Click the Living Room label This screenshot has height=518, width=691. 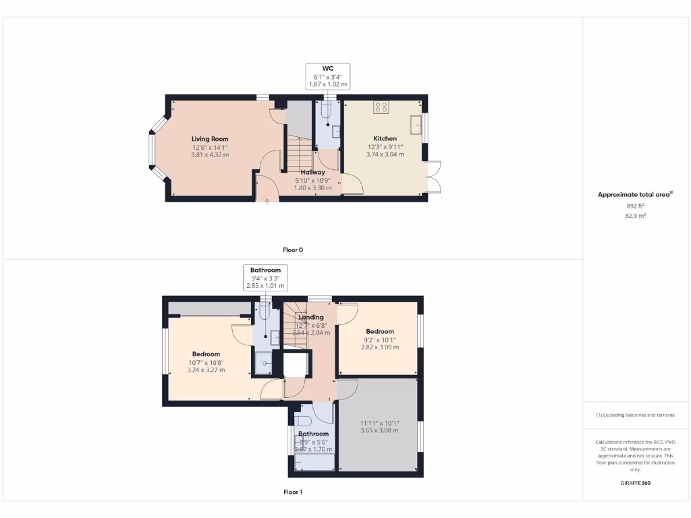pyautogui.click(x=210, y=139)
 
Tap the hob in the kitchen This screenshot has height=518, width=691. pyautogui.click(x=381, y=107)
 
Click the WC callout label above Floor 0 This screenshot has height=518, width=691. pyautogui.click(x=328, y=68)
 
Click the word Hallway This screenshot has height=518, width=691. pyautogui.click(x=312, y=172)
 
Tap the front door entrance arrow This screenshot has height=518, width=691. pyautogui.click(x=267, y=200)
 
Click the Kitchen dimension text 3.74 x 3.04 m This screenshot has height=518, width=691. pyautogui.click(x=385, y=154)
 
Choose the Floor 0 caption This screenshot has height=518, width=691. pyautogui.click(x=292, y=250)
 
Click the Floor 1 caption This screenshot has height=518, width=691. pyautogui.click(x=292, y=492)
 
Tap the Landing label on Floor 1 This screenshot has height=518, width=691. pyautogui.click(x=311, y=317)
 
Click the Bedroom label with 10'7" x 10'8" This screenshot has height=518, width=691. pyautogui.click(x=206, y=354)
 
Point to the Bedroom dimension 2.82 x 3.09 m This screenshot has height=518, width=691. pyautogui.click(x=380, y=347)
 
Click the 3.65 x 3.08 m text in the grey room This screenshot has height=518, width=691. pyautogui.click(x=379, y=430)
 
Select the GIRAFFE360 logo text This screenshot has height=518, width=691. pyautogui.click(x=635, y=483)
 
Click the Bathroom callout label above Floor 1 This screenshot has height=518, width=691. pyautogui.click(x=265, y=270)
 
